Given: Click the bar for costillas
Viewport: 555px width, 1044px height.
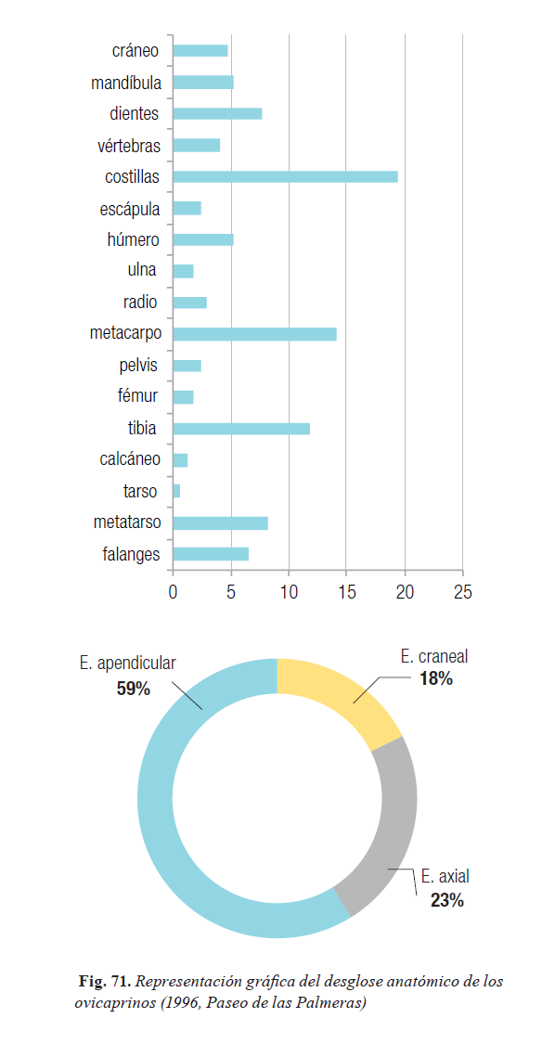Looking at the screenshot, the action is tap(285, 176).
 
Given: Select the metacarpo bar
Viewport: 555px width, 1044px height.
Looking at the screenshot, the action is tap(254, 334).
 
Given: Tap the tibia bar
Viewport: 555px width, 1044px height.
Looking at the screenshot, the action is tap(241, 428).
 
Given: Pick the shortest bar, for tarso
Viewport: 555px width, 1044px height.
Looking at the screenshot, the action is tap(176, 491).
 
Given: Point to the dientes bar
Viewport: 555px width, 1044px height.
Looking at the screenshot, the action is tap(217, 114).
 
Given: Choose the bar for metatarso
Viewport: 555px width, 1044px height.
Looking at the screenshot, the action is tap(221, 522).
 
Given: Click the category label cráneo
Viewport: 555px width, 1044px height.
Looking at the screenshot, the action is tap(136, 51).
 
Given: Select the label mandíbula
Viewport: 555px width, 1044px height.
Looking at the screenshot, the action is tap(126, 83).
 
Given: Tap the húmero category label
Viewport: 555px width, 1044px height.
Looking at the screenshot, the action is tap(134, 239).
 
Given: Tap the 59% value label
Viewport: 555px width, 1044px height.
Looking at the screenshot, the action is tap(134, 689).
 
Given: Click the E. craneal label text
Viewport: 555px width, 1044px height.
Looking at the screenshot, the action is tap(434, 656).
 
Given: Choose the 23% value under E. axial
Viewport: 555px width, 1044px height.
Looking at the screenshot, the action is tap(447, 901).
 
